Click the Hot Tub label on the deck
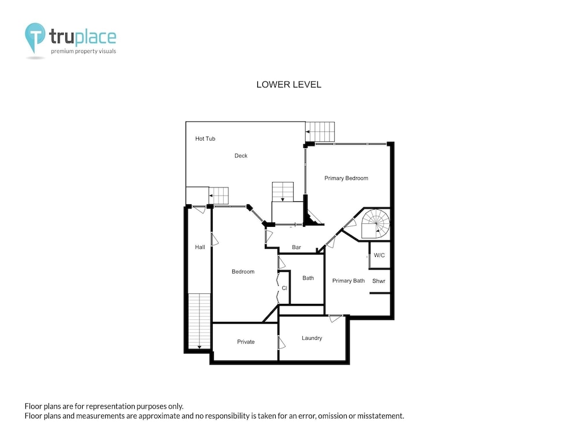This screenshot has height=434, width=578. [x=205, y=139]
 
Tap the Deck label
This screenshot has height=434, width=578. [x=240, y=156]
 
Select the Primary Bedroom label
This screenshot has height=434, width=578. [x=346, y=178]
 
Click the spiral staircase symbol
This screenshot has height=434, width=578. [x=375, y=223]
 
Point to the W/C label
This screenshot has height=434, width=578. [x=379, y=255]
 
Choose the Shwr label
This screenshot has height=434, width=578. [x=379, y=281]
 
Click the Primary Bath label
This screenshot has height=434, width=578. [x=349, y=281]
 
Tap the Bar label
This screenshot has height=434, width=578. [x=297, y=247]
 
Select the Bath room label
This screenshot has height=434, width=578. [x=308, y=278]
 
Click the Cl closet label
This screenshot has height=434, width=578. [x=284, y=288]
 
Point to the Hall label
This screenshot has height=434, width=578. [x=200, y=247]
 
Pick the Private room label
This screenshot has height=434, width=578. [x=246, y=342]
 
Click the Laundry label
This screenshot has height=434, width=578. [x=312, y=338]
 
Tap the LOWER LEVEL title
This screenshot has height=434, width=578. [x=289, y=84]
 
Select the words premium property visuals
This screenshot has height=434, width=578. [x=83, y=52]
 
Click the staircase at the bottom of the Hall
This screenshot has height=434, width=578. [x=199, y=321]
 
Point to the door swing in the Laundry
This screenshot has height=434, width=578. [x=335, y=318]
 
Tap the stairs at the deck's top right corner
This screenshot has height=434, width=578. [x=320, y=132]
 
